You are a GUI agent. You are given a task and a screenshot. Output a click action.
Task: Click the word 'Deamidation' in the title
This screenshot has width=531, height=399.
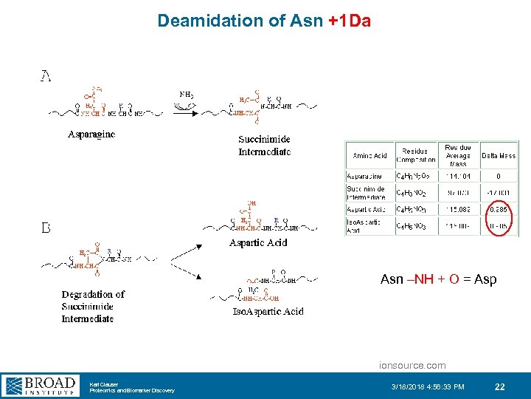[203, 21]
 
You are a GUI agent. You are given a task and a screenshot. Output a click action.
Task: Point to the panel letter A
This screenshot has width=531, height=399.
[46, 76]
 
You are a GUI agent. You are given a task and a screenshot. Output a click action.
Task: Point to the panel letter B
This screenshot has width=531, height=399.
[46, 228]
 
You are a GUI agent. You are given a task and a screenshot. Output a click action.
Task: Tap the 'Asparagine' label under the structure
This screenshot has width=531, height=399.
[91, 134]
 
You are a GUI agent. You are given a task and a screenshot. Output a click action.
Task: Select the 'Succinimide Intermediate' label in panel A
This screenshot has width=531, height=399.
[264, 145]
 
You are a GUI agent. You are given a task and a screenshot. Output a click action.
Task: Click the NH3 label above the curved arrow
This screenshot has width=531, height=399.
[187, 94]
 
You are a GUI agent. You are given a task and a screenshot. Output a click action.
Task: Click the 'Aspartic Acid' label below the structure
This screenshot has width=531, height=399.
[258, 242]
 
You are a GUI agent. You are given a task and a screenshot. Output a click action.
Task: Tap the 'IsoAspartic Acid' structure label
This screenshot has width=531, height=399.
[268, 311]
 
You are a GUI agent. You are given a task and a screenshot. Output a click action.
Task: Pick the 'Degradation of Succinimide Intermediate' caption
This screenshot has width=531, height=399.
[93, 306]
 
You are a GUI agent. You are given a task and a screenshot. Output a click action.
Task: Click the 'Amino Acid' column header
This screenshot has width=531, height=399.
[369, 156]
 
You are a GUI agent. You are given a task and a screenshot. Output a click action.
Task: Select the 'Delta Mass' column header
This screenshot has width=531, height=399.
[499, 156]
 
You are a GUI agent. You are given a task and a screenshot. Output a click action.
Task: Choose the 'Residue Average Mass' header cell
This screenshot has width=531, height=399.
[458, 155]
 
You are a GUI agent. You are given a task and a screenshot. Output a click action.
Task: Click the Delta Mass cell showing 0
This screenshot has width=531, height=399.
[499, 177]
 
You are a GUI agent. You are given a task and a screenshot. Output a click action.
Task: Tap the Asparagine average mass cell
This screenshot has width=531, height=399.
[458, 177]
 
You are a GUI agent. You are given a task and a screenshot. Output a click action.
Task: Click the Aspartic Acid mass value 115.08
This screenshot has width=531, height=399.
[458, 209]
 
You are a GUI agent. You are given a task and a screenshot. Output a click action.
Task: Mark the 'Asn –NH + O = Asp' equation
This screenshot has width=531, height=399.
[438, 279]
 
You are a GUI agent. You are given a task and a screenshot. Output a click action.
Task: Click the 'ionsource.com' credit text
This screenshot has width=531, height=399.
[412, 365]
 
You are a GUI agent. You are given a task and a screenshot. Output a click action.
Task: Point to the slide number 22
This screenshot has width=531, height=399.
[499, 386]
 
